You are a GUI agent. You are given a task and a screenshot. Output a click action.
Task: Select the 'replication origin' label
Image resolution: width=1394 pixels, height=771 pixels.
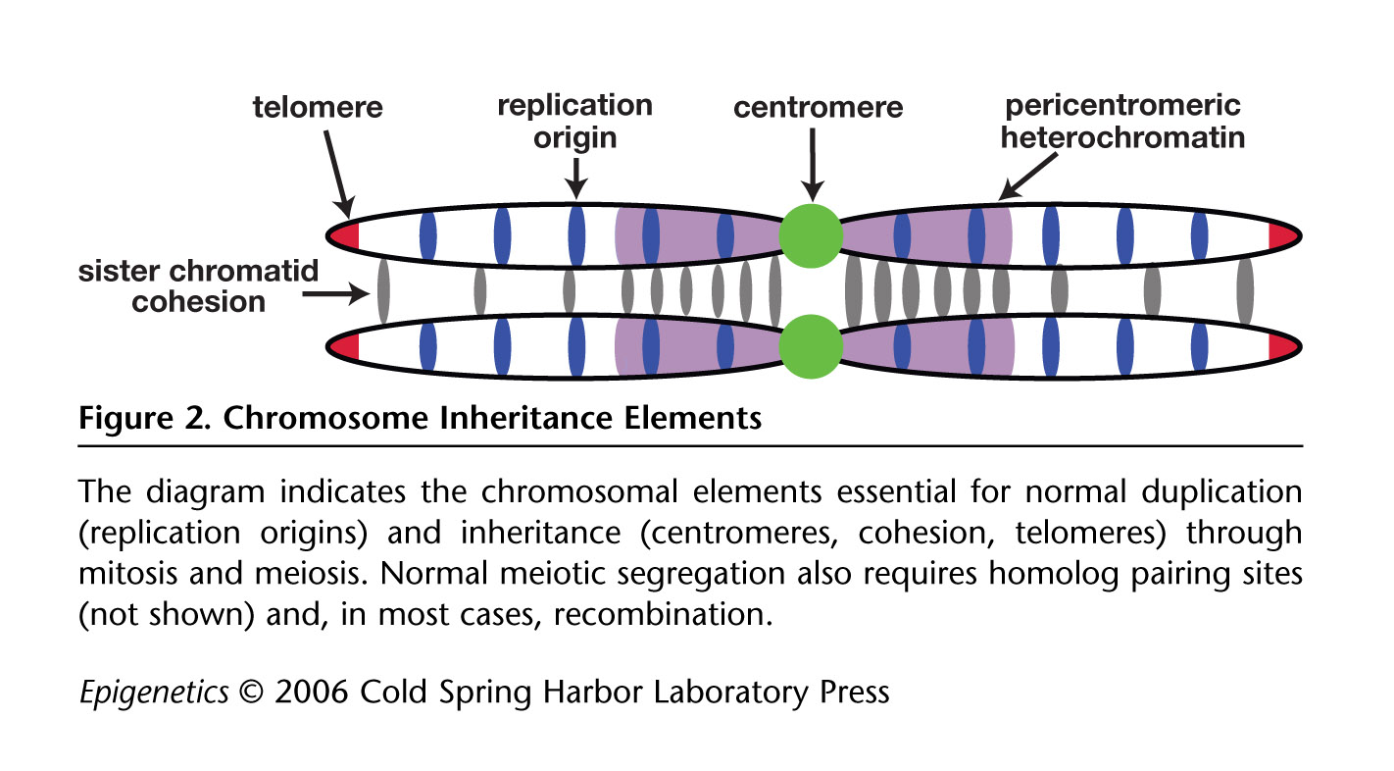pyautogui.click(x=574, y=120)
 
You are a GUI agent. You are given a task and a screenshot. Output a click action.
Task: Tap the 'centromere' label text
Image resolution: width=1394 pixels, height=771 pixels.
pyautogui.click(x=819, y=106)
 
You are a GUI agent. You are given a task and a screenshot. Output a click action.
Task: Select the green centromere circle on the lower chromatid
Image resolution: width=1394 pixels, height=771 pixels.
pyautogui.click(x=811, y=345)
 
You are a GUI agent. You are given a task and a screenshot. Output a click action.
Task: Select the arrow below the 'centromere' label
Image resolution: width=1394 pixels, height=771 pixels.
pyautogui.click(x=812, y=167)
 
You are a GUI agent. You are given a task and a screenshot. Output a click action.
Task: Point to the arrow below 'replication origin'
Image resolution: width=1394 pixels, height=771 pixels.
pyautogui.click(x=576, y=179)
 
